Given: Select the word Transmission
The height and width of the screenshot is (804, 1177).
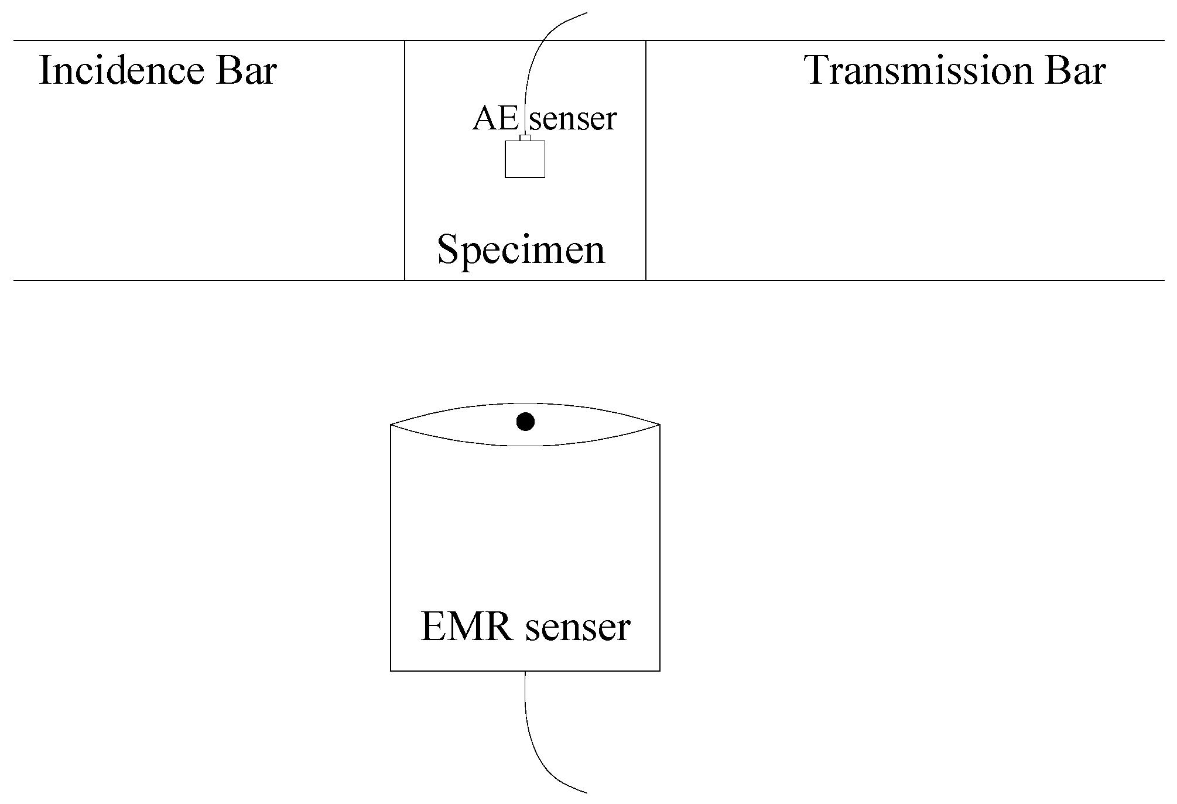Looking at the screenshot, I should coord(918,71).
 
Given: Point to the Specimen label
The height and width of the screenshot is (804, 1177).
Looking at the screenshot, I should coord(521,250).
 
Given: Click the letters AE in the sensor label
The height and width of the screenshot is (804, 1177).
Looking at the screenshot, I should coord(495,118).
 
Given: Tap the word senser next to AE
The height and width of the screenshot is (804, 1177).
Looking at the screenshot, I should coord(573,119).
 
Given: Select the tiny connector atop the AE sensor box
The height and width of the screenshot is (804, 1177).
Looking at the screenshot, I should coord(525,138).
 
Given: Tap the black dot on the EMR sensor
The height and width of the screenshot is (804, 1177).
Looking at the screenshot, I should coord(525,421).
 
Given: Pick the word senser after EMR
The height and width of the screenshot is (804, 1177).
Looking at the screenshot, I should coord(577,627).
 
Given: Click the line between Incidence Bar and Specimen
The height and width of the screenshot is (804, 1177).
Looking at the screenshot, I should coord(405,176).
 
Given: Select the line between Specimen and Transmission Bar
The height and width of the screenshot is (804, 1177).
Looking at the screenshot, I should coord(646,176).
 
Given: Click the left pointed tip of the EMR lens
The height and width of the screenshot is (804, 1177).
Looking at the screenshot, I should coord(392,424).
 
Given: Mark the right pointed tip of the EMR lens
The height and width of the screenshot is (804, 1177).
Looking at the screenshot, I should coord(659,424).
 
